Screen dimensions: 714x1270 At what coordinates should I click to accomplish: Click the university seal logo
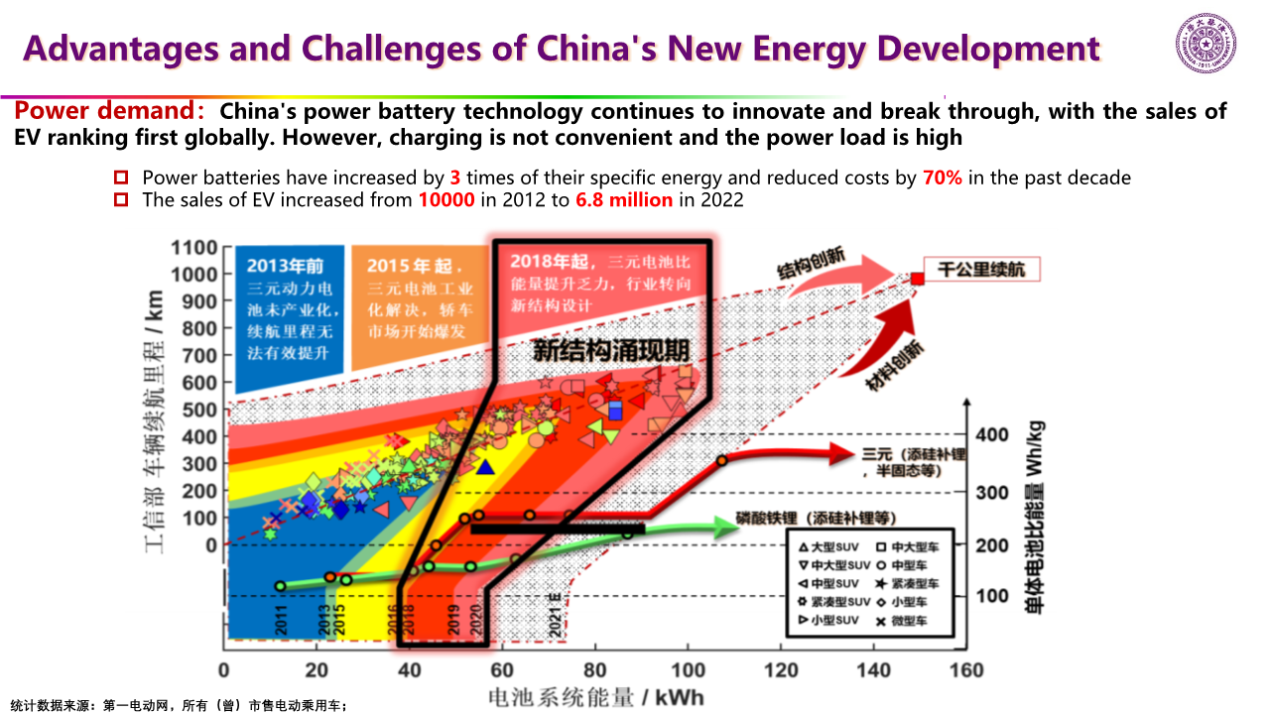(x=1206, y=47)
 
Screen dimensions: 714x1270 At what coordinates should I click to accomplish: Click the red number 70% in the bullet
(x=943, y=178)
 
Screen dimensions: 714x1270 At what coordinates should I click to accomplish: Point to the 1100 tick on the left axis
(x=194, y=248)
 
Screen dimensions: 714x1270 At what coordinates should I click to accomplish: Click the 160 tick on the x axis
(x=965, y=671)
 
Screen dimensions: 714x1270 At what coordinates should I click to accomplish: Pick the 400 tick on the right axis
(x=992, y=434)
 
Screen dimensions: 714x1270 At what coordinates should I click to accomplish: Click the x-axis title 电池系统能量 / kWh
(x=595, y=697)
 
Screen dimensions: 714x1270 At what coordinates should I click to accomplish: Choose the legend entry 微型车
(x=913, y=622)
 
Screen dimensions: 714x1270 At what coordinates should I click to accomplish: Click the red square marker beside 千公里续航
(x=918, y=279)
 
